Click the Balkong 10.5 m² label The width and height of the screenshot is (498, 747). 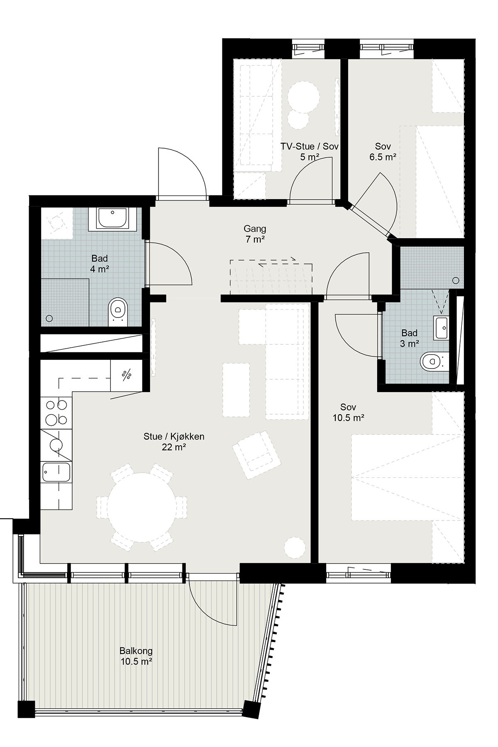(x=136, y=656)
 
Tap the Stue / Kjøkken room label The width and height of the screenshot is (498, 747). (x=174, y=442)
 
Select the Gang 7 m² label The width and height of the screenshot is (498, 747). (x=255, y=234)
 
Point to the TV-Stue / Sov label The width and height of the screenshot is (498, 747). (x=310, y=151)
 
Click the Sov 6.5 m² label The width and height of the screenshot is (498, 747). (x=383, y=151)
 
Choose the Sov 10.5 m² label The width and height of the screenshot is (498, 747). (x=348, y=413)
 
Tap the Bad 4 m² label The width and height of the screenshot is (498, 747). (x=100, y=264)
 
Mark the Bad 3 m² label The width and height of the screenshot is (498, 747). (x=409, y=338)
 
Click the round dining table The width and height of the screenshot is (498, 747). (x=142, y=507)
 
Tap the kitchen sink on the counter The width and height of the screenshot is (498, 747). (x=56, y=473)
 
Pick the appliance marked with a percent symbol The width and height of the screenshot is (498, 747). (x=127, y=375)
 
